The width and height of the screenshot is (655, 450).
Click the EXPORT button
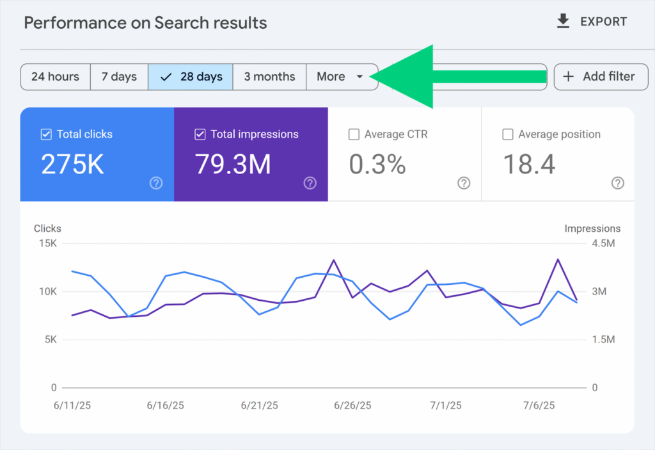coord(592,22)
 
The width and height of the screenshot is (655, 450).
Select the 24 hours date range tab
coord(55,77)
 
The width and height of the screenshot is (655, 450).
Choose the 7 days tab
coord(119,77)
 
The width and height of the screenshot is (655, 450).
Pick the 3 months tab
coord(269,77)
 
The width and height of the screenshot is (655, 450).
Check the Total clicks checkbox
coord(46,134)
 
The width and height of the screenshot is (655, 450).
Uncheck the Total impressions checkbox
coord(200,134)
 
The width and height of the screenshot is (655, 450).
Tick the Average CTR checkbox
coord(354,134)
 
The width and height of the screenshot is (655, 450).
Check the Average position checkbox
coord(508,134)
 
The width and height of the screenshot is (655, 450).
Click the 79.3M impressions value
coord(233,165)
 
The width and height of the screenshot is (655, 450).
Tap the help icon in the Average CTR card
coord(464,183)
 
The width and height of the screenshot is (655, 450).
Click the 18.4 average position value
coord(529,165)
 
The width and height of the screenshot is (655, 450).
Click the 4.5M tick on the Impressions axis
coord(603,243)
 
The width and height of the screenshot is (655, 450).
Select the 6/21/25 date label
coord(259,406)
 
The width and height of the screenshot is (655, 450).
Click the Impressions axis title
coord(592,229)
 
